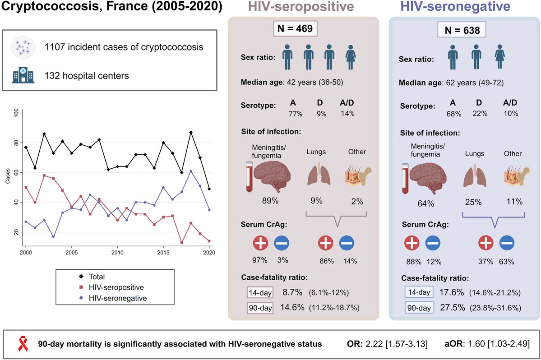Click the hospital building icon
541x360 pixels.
tap(22, 75)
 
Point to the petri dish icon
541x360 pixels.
tap(22, 46)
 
